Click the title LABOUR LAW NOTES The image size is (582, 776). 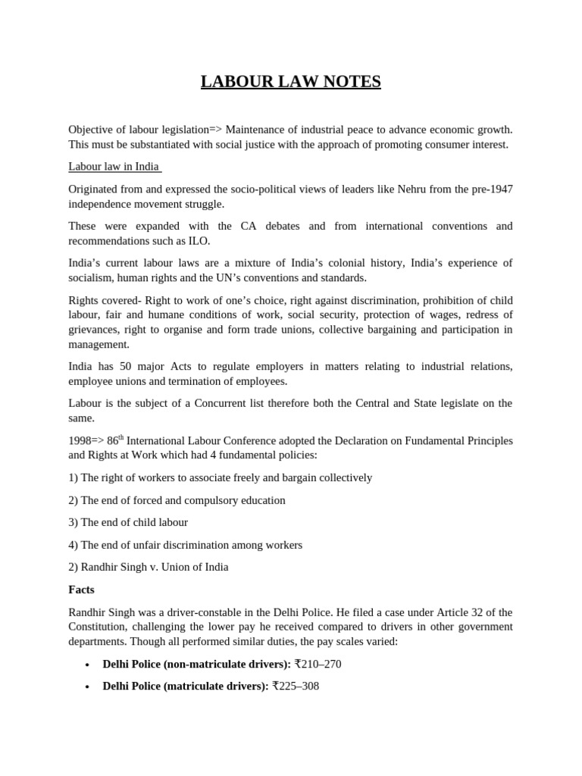(290, 82)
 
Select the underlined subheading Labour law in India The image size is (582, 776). (114, 167)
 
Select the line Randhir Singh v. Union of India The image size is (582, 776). (148, 567)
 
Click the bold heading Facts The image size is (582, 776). (81, 589)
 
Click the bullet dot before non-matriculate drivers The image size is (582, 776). (87, 665)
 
